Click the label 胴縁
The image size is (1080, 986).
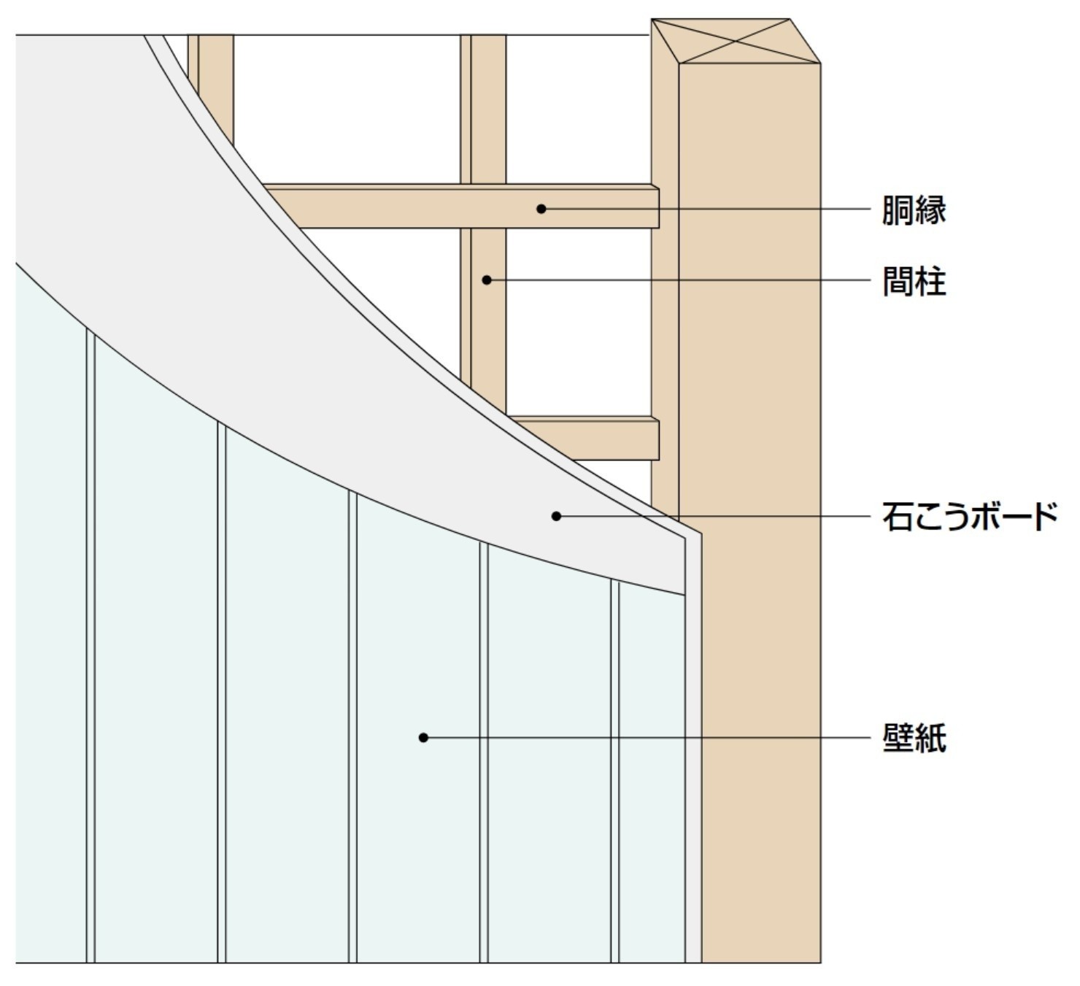pos(914,209)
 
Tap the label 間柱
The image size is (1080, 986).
pos(914,281)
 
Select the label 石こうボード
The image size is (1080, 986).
pos(969,516)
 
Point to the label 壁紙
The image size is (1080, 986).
pos(914,738)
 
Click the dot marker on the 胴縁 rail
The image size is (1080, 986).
pos(541,209)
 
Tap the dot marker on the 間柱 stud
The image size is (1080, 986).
pos(487,280)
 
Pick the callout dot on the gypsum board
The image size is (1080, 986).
pos(556,516)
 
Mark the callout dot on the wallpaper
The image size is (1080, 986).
pos(423,737)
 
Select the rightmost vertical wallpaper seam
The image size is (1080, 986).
pos(615,766)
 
